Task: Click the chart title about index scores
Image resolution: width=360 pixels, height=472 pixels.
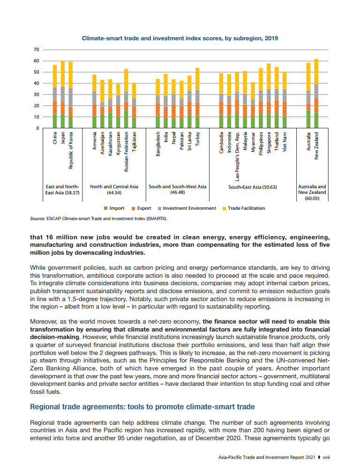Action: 180,38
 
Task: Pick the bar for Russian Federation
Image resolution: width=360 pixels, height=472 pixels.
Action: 126,98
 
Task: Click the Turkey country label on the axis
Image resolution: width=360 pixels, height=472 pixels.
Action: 197,139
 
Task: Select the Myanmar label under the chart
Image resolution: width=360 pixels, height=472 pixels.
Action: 253,142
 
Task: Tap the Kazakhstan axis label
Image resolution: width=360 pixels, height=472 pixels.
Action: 110,144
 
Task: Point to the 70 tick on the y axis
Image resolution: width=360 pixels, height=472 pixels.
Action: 36,50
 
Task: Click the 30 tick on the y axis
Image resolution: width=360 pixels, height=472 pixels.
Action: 36,95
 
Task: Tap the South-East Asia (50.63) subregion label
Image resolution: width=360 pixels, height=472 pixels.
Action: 253,187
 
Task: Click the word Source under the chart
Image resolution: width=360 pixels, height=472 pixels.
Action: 37,218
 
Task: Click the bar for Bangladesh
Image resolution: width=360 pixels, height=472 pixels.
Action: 158,103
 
